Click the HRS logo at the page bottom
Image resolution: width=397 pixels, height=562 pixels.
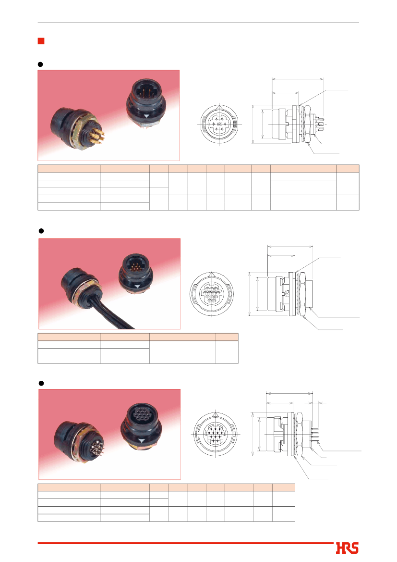coord(347,548)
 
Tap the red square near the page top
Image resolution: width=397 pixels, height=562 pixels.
coord(41,41)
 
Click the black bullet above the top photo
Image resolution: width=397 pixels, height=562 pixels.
coord(40,64)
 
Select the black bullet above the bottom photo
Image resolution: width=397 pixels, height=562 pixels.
coord(41,383)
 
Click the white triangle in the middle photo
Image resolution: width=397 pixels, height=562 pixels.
coord(138,286)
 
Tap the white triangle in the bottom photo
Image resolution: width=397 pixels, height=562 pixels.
coord(142,440)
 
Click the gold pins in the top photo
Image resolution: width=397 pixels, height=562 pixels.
coord(97,136)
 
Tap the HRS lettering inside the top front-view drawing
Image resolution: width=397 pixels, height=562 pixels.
coord(219,124)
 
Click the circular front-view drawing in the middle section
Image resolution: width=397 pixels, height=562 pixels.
coord(212,294)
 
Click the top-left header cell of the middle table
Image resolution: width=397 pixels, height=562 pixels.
coord(69,337)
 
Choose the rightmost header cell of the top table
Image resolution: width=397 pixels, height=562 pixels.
coord(348,169)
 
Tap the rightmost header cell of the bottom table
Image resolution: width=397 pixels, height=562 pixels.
coord(284,487)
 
